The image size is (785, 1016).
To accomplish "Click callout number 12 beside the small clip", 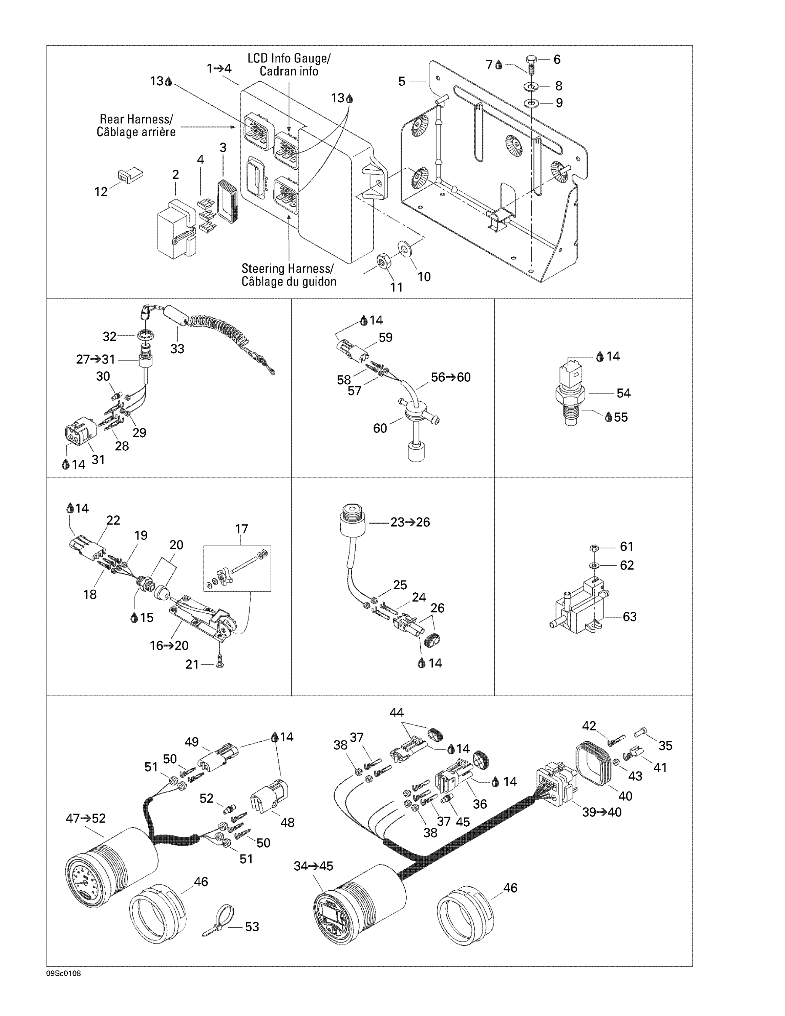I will [x=101, y=192].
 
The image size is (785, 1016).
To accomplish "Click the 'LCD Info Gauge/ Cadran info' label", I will [x=289, y=65].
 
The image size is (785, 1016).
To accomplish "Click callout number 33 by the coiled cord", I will [x=177, y=349].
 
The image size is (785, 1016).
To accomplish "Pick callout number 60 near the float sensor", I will [x=380, y=428].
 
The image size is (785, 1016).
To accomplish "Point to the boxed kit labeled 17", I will [x=237, y=569].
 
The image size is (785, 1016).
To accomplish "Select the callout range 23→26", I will [x=410, y=523].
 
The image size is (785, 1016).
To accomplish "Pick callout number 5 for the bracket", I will [x=402, y=81].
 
